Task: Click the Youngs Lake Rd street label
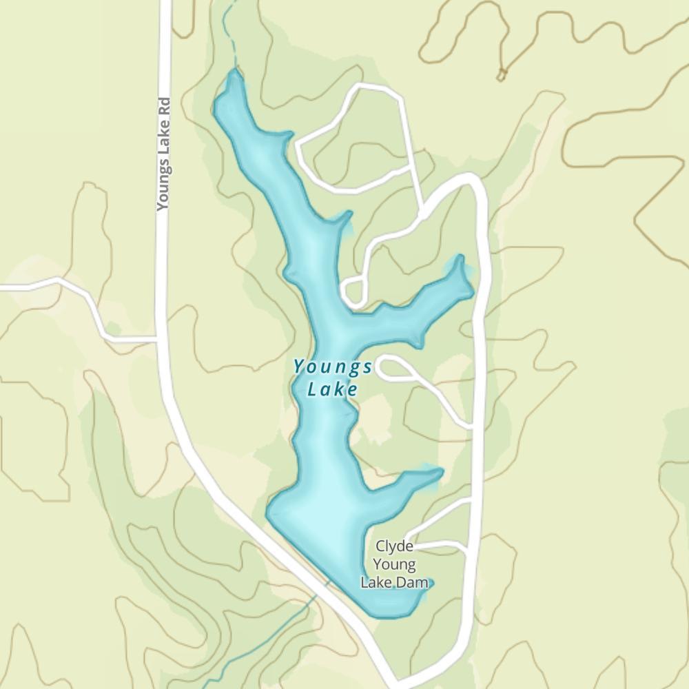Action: point(163,152)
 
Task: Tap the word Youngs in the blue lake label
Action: point(333,367)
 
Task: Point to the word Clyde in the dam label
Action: point(394,546)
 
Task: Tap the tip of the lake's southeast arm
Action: point(438,471)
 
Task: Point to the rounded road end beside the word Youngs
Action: point(383,367)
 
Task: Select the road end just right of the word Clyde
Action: point(409,540)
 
